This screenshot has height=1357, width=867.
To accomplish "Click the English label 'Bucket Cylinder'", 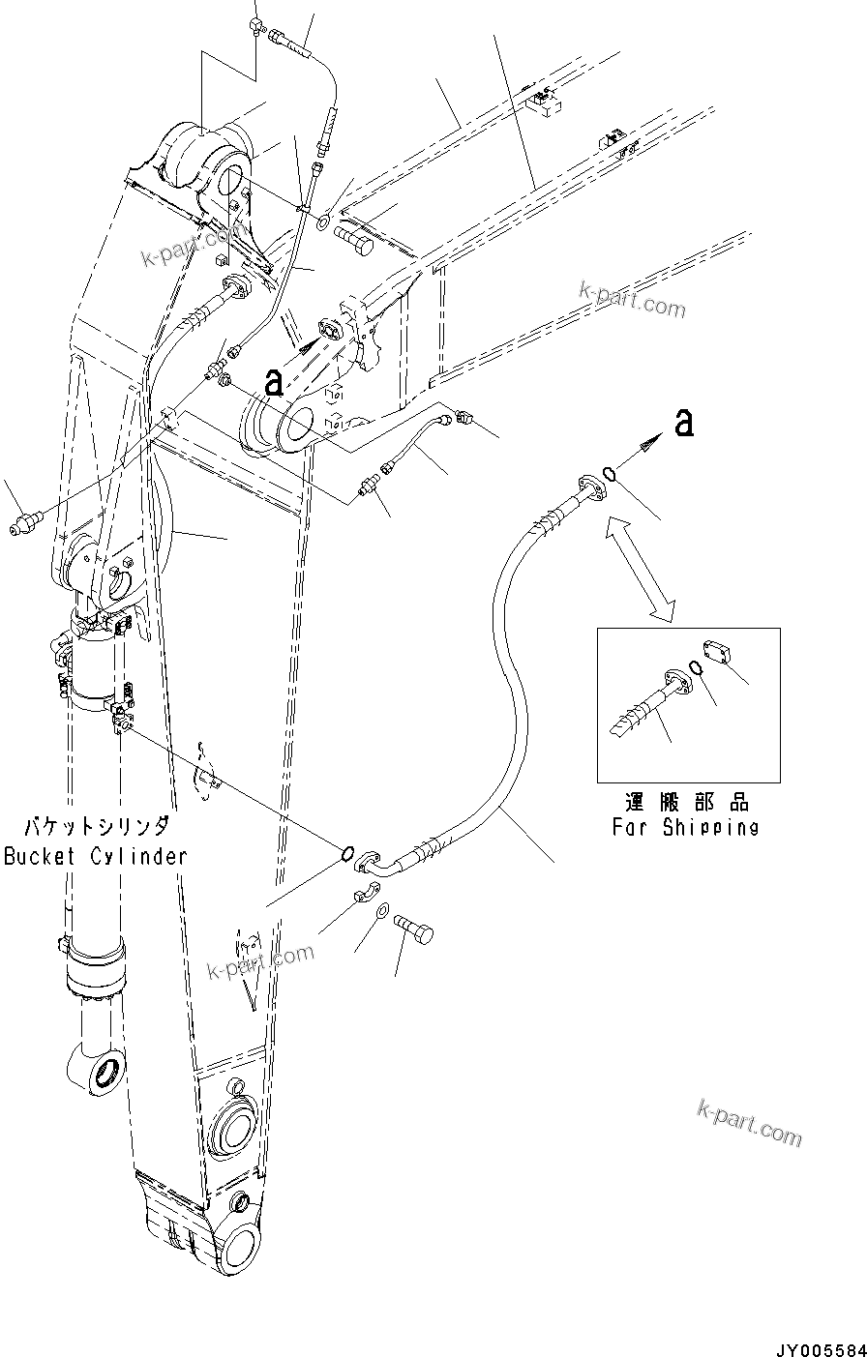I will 95,856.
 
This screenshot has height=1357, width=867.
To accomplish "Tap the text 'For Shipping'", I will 684,827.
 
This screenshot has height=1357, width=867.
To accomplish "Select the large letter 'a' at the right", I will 685,423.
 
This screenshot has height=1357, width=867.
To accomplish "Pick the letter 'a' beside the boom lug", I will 275,381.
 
